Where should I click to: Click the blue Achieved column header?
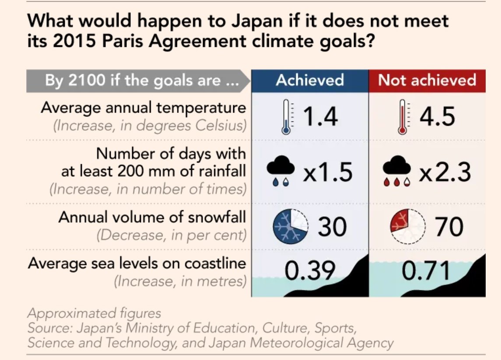point(310,80)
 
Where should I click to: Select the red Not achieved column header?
point(427,80)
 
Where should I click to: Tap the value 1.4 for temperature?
point(321,116)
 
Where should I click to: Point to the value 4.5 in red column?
point(437,116)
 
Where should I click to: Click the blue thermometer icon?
point(286,116)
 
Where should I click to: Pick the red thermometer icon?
point(402,116)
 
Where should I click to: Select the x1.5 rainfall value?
point(328,172)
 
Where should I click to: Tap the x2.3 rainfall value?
point(445,172)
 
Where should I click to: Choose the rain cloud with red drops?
point(397,171)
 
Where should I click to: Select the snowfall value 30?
point(332,227)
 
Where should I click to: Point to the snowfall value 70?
point(449,227)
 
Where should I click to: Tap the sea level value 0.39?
point(310,271)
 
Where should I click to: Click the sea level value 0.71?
point(426,271)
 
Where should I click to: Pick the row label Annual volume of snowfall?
point(152,217)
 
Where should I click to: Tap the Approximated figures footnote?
point(94,313)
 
